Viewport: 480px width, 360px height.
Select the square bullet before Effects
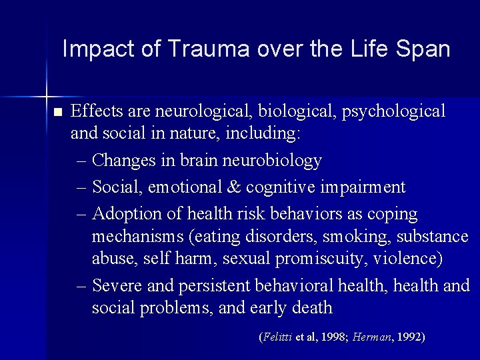(57, 111)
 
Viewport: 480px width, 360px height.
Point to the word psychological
(393, 111)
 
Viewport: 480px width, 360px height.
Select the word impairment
(363, 187)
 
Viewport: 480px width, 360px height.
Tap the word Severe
(116, 286)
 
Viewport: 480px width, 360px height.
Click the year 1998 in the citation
(333, 337)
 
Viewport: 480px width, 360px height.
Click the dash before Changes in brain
(81, 161)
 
